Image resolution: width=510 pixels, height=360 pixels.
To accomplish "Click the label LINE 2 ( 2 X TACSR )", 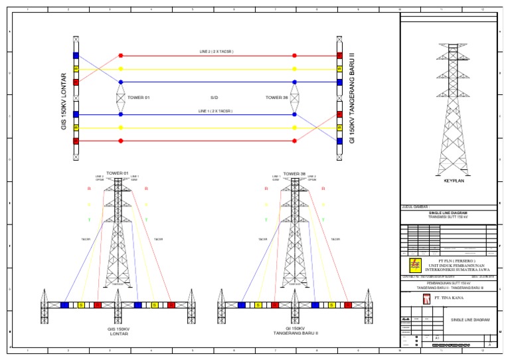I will point(216,51).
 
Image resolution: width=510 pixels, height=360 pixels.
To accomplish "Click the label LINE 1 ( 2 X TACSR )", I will point(216,110).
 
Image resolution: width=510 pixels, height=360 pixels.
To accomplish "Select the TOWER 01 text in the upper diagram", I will point(138,98).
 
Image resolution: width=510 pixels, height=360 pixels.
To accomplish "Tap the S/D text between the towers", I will point(214,98).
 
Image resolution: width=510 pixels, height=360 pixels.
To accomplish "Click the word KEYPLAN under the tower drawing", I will point(452,180).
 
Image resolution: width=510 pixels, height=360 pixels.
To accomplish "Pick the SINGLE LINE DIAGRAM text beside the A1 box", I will point(470,319).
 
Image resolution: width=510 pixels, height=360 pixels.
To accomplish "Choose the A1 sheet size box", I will point(436,338).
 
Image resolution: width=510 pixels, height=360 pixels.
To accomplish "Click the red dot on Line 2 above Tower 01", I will point(120,56).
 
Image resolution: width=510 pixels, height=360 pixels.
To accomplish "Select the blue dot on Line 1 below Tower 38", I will point(295,114).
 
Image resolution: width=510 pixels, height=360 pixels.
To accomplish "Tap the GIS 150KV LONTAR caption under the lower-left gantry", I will point(118,331).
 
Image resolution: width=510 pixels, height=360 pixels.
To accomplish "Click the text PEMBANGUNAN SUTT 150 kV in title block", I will point(448,283).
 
